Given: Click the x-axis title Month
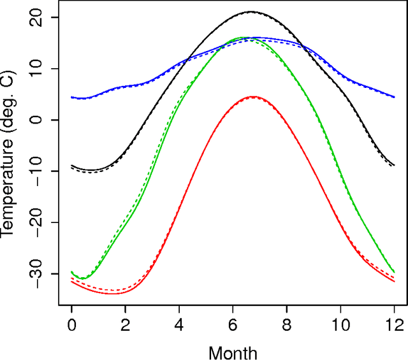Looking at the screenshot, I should pyautogui.click(x=233, y=351).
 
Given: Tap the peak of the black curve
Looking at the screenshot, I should pyautogui.click(x=251, y=11).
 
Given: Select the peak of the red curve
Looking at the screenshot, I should pyautogui.click(x=253, y=97).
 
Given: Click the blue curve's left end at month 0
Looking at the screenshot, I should pyautogui.click(x=72, y=97).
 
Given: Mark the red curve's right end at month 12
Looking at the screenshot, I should pyautogui.click(x=394, y=281).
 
